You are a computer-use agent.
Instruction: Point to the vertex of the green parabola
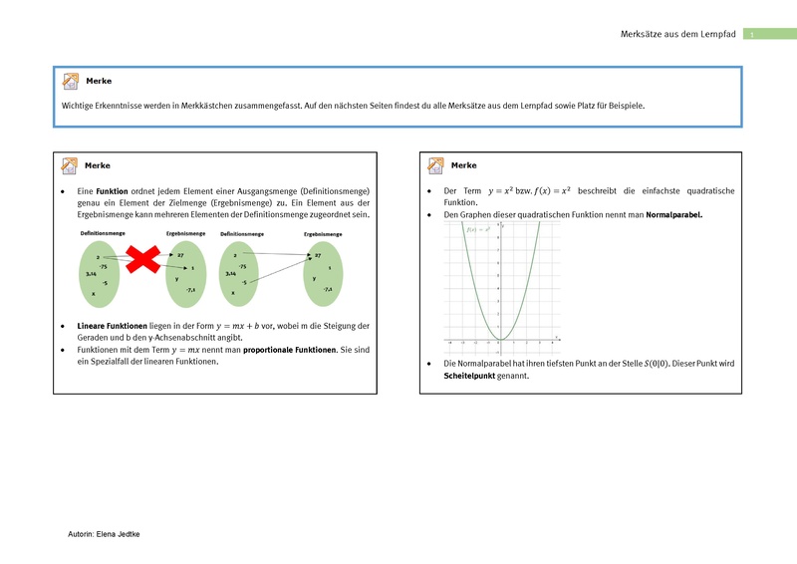click(x=500, y=340)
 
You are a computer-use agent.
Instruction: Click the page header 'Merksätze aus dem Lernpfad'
click(x=677, y=34)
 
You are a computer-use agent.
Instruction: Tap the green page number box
click(x=754, y=35)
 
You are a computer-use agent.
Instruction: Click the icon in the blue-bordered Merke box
click(x=70, y=81)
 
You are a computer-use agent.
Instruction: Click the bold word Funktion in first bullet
click(x=112, y=190)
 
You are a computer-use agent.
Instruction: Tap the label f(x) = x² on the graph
click(x=479, y=229)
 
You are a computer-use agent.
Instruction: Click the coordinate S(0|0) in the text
click(x=658, y=364)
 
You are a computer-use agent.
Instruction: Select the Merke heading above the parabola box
click(x=464, y=164)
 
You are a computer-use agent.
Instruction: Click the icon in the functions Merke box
click(x=70, y=165)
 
